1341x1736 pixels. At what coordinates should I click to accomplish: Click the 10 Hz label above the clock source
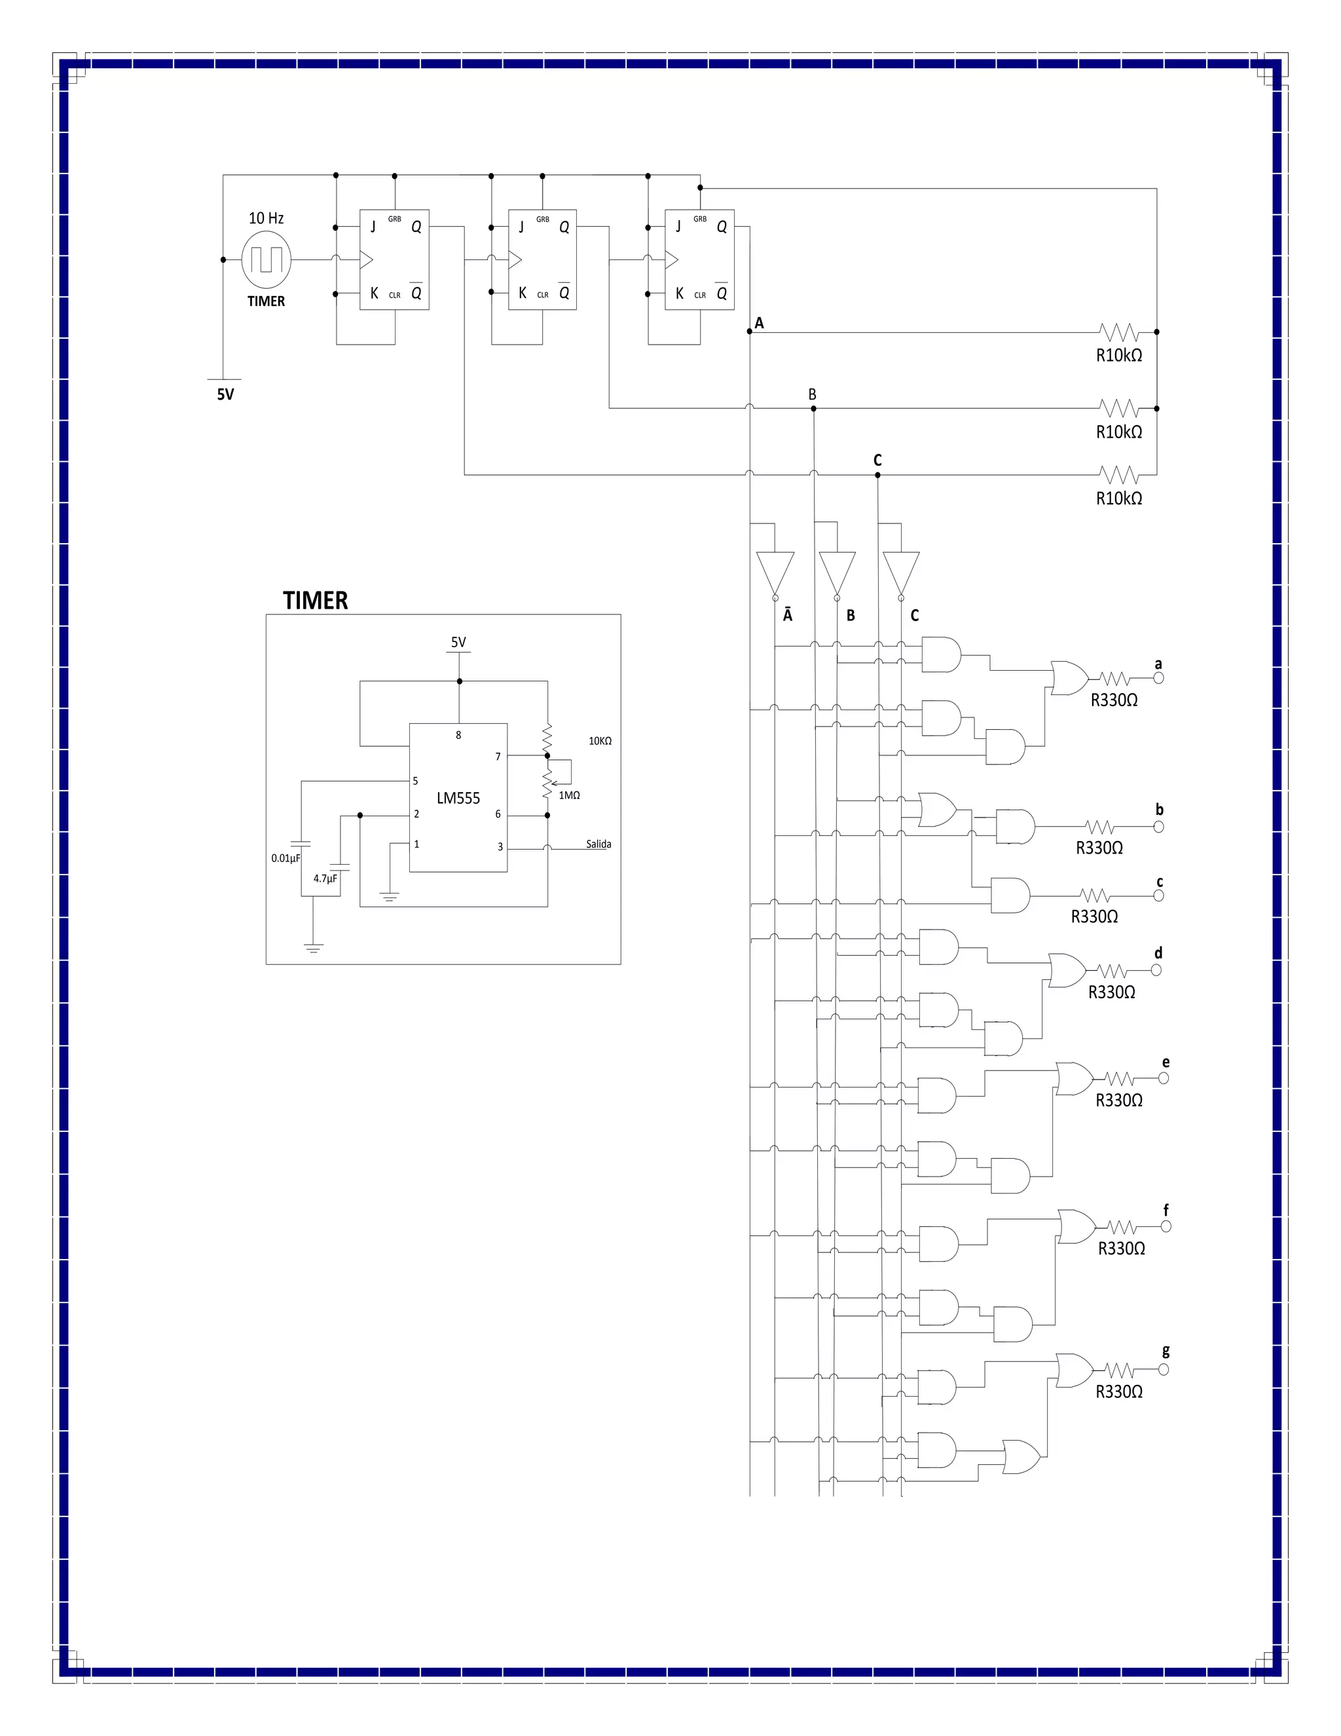tap(265, 217)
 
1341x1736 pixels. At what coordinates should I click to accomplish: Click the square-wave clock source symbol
tap(266, 259)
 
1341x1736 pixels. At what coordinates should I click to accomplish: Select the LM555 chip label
tap(458, 798)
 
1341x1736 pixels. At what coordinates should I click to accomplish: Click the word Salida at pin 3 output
tap(598, 844)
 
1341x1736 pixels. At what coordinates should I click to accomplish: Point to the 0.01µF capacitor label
tap(285, 858)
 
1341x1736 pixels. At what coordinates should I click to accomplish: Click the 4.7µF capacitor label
tap(325, 878)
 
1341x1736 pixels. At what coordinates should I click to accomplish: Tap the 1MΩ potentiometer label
tap(569, 795)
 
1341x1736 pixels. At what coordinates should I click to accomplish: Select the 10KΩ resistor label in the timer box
tap(600, 741)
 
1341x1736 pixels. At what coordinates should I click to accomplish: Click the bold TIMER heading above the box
tap(316, 600)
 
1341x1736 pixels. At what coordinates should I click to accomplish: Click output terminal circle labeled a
tap(1158, 678)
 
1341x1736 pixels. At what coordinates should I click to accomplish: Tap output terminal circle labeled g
tap(1164, 1370)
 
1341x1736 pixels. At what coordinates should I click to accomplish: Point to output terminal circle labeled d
tap(1156, 970)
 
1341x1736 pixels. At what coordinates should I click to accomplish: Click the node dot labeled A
tap(749, 331)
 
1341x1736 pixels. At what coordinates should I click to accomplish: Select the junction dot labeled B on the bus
tap(813, 409)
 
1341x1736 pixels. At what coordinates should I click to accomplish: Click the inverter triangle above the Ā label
tap(775, 573)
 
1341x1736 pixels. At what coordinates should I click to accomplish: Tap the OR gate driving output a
tap(1069, 678)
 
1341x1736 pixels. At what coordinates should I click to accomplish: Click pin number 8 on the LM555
tap(458, 735)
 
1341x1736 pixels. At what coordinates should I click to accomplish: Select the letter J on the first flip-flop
tap(373, 227)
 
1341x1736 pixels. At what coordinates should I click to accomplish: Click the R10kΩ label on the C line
tap(1118, 499)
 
